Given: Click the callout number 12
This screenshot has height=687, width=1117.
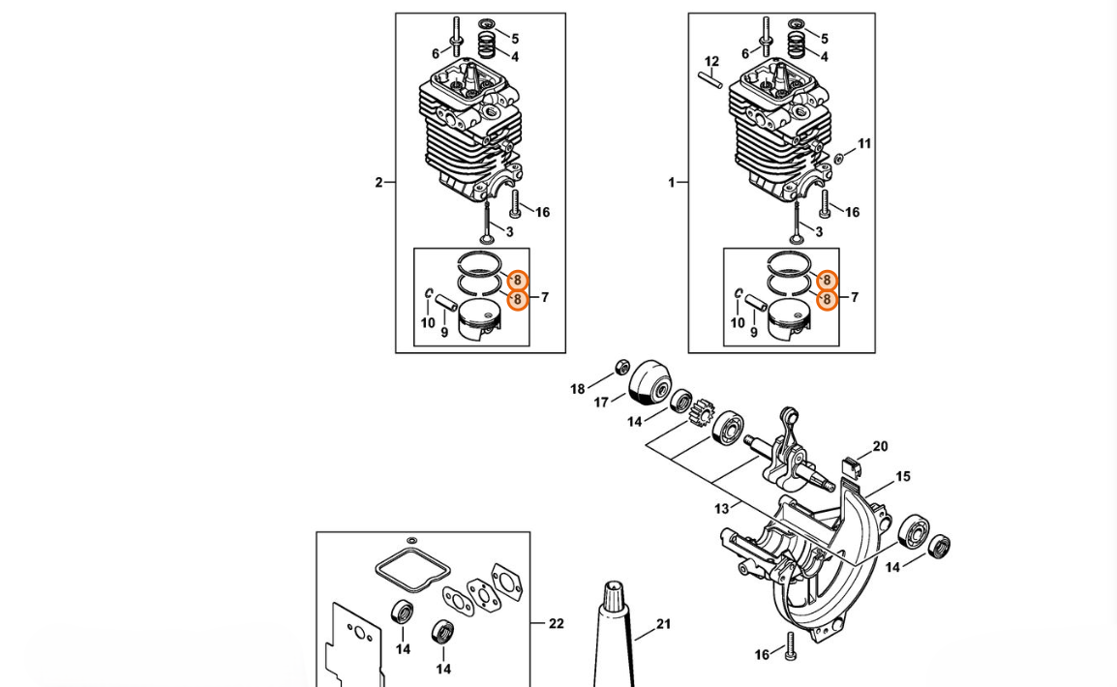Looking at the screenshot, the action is [711, 62].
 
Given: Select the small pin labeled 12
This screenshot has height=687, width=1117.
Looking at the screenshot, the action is [710, 80].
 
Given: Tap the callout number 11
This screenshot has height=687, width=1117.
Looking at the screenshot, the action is [864, 144].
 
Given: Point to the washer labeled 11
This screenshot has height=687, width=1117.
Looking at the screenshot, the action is [838, 158].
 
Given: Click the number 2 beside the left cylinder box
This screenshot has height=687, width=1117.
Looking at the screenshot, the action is [379, 183].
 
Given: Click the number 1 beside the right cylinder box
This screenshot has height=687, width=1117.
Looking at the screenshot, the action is [671, 183].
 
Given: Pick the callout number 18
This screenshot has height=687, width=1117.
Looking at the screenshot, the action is [577, 389].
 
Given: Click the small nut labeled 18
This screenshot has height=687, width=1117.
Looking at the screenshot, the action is [622, 368].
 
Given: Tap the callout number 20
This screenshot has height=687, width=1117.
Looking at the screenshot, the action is [881, 446].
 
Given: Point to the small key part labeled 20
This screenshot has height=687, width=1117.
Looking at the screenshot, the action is [851, 464].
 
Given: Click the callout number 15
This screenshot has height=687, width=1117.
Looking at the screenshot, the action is [903, 476].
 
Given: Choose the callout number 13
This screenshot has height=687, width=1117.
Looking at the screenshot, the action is [722, 509].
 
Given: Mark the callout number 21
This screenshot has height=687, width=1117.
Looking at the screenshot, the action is [664, 624].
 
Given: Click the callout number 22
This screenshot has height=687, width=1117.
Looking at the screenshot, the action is [557, 624].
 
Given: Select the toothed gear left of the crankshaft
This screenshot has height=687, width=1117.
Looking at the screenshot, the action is [703, 412].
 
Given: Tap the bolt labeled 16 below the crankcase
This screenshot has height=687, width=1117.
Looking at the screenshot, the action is [790, 645].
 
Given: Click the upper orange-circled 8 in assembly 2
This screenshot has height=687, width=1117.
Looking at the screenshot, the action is [518, 281].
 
